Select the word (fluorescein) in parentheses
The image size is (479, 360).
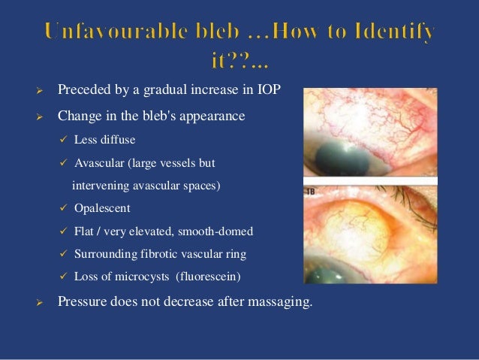[209, 276]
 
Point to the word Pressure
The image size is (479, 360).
[82, 304]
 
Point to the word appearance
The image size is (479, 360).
[218, 116]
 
